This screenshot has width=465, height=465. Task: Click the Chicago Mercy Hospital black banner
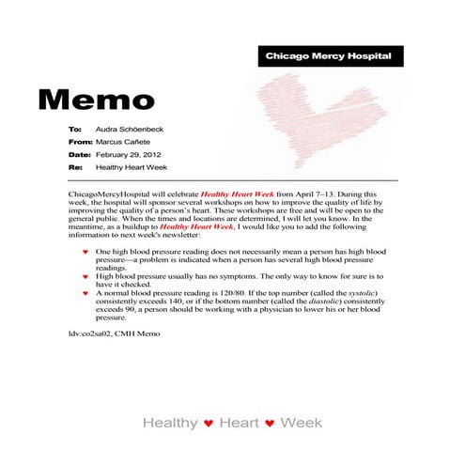click(327, 56)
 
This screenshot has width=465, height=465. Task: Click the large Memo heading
click(97, 98)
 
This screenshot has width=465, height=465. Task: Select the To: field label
click(75, 127)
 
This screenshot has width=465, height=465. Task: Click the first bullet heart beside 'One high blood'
click(86, 253)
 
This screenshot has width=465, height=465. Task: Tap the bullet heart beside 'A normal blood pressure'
click(86, 294)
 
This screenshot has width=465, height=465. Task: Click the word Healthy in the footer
click(170, 424)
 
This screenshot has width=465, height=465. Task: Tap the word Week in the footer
click(302, 424)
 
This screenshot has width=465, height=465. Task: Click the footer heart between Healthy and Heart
click(208, 425)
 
